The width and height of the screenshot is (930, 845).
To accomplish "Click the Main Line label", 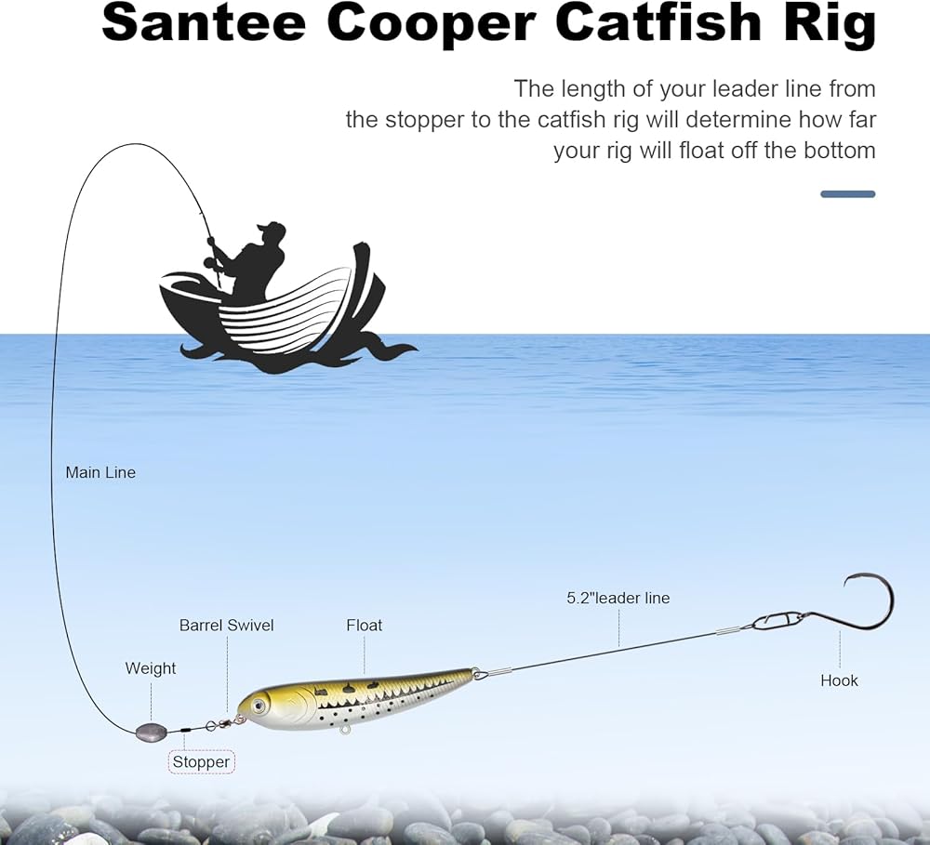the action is coord(100,472).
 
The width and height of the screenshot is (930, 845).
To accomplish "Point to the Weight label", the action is coord(151,668).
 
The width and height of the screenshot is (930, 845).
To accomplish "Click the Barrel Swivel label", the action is coord(227,626).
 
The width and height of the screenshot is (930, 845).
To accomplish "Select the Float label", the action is coord(365,626).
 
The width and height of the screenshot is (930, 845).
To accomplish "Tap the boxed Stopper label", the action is coord(201,762).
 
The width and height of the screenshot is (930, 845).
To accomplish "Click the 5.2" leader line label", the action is coord(618,598).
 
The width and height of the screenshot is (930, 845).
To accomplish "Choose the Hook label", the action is coord(839,680).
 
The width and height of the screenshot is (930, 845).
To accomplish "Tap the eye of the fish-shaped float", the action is coord(256,706).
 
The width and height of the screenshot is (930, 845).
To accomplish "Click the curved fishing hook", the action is coord(865,604).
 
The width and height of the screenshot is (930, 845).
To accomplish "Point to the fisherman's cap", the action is coord(271,229).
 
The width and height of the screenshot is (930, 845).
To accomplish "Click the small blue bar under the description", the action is coord(847,194).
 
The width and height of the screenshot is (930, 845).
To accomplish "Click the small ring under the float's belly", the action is coord(345,731).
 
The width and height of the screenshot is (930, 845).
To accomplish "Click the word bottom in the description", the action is coord(834,151).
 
